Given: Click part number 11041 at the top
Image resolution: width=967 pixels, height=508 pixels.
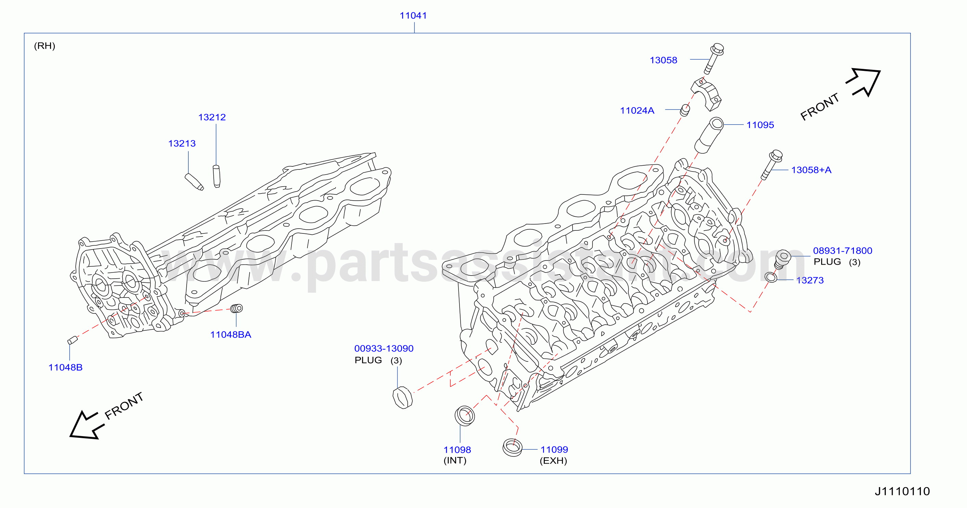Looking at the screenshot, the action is coord(413,16).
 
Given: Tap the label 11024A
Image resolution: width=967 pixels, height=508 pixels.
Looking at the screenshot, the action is coord(637,111).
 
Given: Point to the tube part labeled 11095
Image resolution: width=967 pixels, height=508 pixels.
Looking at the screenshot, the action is coord(709,136).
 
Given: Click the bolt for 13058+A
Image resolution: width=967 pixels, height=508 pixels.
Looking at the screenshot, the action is coord(772,165).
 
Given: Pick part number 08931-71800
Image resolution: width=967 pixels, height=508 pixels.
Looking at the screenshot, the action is coord(842,251).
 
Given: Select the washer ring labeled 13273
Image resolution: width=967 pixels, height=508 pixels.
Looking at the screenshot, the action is coord(771,278).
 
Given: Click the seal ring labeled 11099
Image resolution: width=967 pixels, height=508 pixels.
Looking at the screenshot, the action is coord(512,447).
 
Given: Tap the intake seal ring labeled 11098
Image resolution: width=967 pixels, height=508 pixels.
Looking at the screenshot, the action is coord(464,416).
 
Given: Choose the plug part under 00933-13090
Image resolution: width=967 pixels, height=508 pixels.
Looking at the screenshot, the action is coord(402,398).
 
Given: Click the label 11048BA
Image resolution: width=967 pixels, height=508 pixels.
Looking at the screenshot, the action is coord(230,335).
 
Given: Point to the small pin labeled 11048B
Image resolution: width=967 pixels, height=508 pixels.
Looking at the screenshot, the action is coord(72,340).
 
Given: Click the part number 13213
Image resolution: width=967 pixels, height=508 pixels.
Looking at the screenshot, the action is coord(182,143).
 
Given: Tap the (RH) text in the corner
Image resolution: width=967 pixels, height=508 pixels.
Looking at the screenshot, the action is coord(45,46).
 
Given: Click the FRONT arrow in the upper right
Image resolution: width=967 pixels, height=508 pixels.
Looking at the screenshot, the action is coord(863,82).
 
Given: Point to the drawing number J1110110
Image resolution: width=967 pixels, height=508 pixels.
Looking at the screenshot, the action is coord(902,491).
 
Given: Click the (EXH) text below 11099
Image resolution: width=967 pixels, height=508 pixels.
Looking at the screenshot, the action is coord(553,461).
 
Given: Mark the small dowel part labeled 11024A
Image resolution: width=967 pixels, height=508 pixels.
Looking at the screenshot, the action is coord(685,110).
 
